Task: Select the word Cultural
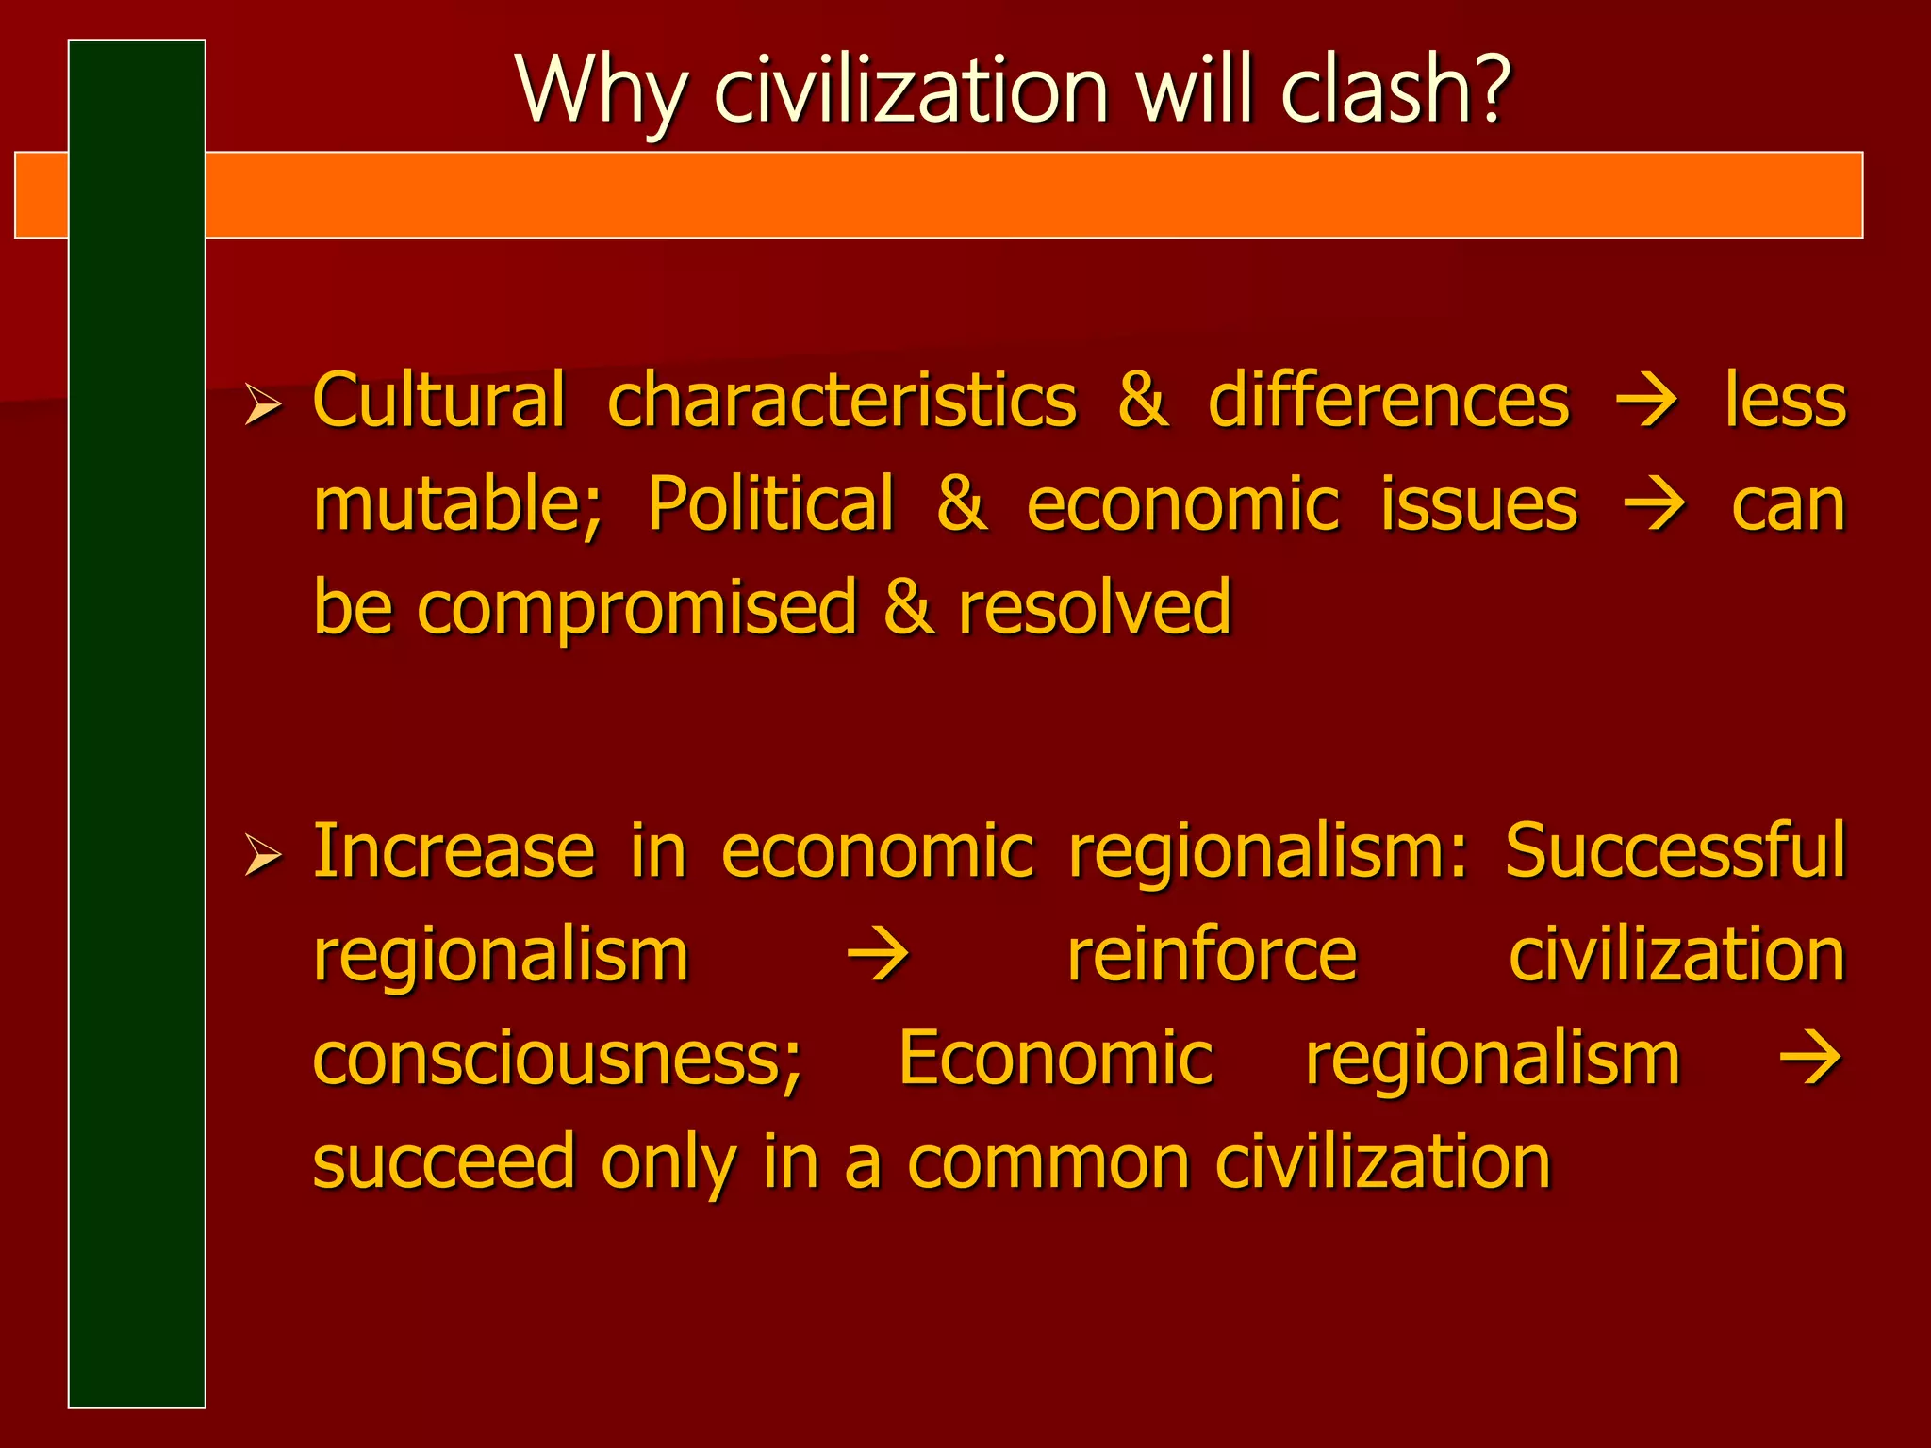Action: pyautogui.click(x=438, y=401)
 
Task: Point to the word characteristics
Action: pyautogui.click(x=841, y=401)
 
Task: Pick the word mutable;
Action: pyautogui.click(x=457, y=505)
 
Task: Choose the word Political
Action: pyautogui.click(x=770, y=503)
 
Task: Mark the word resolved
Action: pyautogui.click(x=1095, y=607)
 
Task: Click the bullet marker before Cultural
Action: pyautogui.click(x=262, y=405)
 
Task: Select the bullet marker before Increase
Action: pyautogui.click(x=262, y=856)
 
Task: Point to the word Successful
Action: pyautogui.click(x=1675, y=850)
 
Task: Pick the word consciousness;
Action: pyautogui.click(x=557, y=1059)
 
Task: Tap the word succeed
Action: pyautogui.click(x=443, y=1162)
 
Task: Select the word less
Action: pyautogui.click(x=1785, y=401)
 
